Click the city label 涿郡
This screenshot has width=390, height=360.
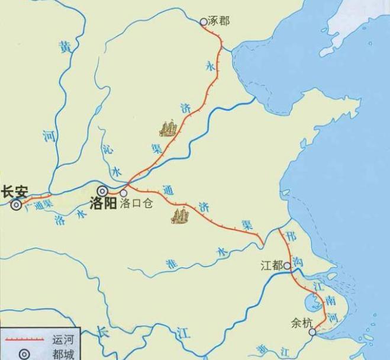[219, 21]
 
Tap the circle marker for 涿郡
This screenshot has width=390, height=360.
[204, 22]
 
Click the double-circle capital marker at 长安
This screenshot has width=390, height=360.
[15, 205]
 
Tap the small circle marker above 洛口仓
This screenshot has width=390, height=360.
[124, 192]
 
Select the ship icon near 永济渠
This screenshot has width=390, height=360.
[168, 127]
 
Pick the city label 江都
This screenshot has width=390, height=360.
[272, 265]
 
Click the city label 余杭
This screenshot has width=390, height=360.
[301, 323]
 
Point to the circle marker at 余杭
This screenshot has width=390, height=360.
[312, 332]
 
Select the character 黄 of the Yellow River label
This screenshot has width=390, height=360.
[65, 49]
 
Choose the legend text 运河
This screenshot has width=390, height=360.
[63, 340]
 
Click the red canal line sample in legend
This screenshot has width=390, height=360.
[25, 340]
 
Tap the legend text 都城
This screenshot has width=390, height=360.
[63, 354]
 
